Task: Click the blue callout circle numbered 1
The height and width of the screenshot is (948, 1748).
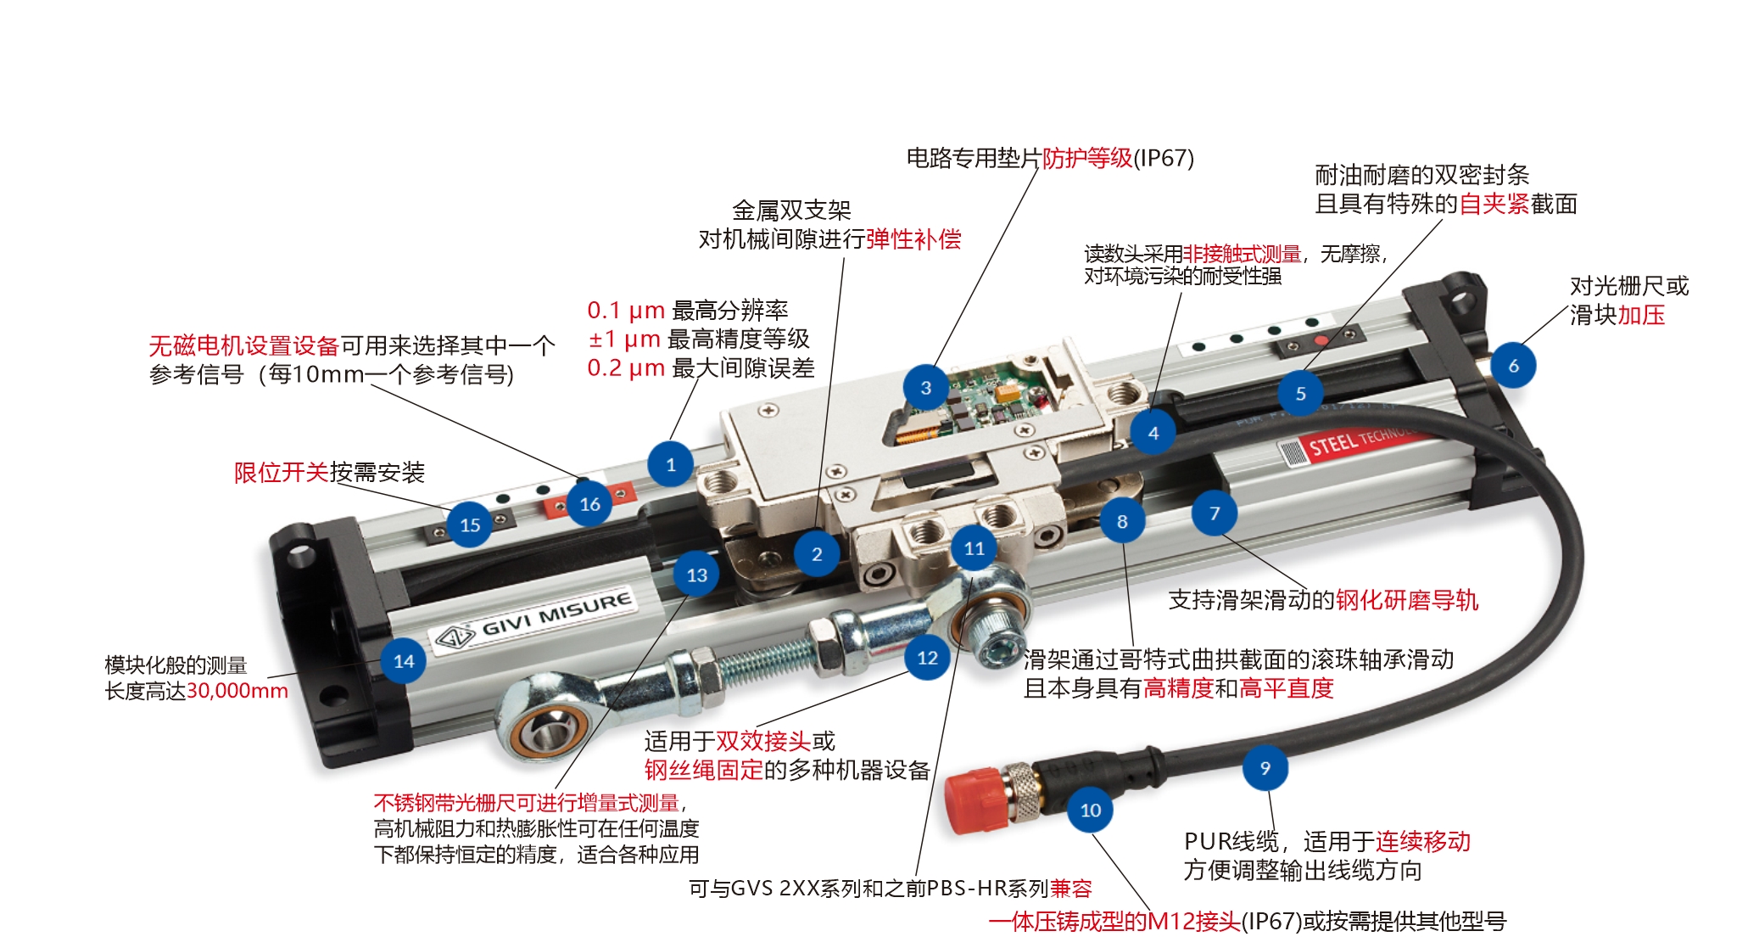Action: coord(670,464)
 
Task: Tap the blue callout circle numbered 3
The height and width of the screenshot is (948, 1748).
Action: coord(925,388)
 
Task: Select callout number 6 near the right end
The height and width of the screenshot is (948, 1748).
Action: coord(1513,366)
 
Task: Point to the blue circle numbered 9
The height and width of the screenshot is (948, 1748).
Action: coord(1265,768)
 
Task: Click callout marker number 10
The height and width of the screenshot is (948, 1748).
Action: coord(1090,811)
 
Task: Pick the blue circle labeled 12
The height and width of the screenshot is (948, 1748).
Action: coord(927,658)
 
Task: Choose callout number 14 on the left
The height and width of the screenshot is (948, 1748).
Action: coord(404,661)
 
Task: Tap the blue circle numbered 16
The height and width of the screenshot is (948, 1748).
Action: coord(589,504)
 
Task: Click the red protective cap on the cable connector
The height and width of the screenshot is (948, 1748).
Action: coord(975,801)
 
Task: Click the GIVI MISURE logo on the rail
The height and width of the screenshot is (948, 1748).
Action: coord(534,619)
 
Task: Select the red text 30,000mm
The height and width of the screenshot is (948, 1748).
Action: coord(237,691)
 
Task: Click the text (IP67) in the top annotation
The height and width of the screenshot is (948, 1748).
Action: coord(1164,158)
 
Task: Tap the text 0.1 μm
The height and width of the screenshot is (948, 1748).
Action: coord(626,311)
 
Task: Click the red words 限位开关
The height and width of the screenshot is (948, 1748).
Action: coord(282,473)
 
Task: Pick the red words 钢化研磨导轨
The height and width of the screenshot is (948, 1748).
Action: coord(1407,600)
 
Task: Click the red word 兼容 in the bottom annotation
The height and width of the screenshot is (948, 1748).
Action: coord(1071,889)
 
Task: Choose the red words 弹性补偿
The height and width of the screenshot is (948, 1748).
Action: coord(913,239)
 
